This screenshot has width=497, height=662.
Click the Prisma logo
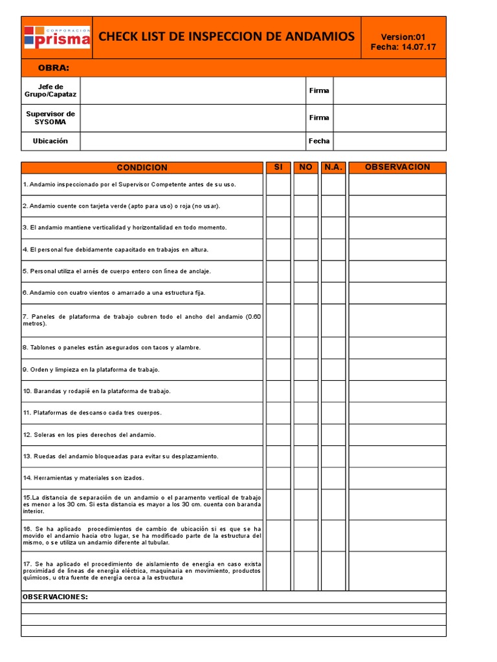[x=57, y=37]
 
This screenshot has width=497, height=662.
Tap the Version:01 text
[x=403, y=37]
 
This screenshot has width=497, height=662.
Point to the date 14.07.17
[x=419, y=47]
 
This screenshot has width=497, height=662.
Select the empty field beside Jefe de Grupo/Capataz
[x=192, y=91]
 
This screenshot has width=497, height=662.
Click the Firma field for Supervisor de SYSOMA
[x=389, y=118]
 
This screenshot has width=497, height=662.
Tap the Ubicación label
[x=50, y=141]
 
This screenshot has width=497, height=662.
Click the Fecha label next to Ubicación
[x=319, y=141]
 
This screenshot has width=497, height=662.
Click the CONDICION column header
[x=142, y=167]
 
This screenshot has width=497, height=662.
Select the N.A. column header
[x=333, y=167]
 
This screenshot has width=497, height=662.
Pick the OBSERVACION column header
[x=397, y=167]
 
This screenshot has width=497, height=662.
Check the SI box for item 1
[x=278, y=184]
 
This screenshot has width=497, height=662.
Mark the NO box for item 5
[x=305, y=271]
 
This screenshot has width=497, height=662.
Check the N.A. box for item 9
[x=333, y=369]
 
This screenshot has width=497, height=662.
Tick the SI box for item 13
[x=278, y=456]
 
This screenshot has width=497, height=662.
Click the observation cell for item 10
[x=397, y=391]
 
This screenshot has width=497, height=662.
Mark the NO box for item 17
[x=305, y=570]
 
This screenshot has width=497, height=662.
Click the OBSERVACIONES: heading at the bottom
[x=55, y=597]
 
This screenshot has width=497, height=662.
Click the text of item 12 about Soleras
[x=89, y=434]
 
